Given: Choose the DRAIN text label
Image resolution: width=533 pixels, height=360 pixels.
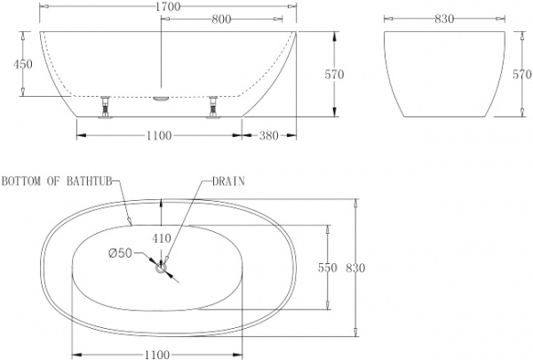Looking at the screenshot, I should tap(228, 180).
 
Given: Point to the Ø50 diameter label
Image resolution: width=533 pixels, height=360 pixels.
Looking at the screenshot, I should tap(120, 252).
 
